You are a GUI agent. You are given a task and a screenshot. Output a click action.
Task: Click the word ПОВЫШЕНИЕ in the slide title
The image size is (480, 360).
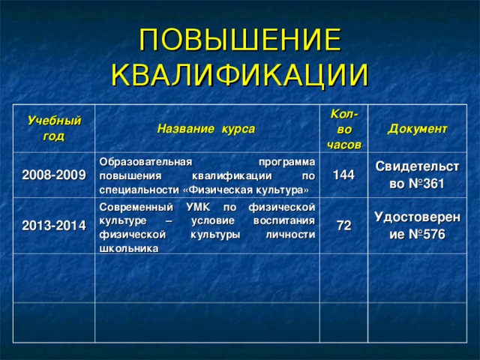tap(240, 40)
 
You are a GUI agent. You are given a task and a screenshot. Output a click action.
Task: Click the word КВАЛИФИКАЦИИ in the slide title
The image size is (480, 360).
tap(240, 74)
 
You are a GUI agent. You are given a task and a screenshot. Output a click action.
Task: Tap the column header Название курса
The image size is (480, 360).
tap(205, 128)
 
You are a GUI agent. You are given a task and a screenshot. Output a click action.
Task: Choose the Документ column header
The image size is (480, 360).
tap(418, 128)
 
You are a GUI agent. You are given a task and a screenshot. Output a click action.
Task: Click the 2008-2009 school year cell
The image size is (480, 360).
tap(52, 174)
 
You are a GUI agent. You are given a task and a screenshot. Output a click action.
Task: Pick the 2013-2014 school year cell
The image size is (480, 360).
tap(52, 225)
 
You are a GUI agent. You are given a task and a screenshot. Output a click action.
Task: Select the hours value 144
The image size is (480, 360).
tap(343, 174)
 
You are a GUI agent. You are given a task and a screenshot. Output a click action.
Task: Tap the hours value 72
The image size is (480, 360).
tap(344, 225)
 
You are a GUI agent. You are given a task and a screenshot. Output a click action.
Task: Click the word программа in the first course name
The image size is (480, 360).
tap(286, 161)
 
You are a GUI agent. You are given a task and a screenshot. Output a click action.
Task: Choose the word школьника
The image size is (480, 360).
tap(128, 249)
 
